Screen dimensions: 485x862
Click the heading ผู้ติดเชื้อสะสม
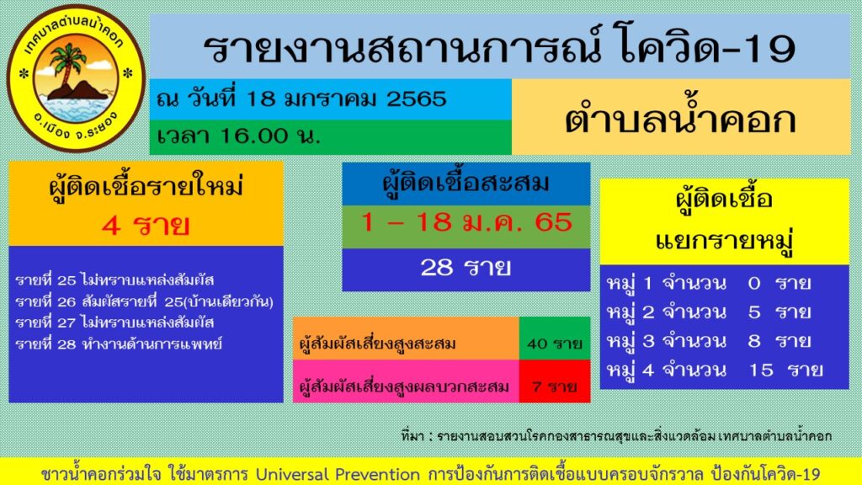point(466,183)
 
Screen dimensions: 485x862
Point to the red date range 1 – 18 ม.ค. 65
point(466,223)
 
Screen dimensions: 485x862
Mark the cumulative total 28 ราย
point(466,268)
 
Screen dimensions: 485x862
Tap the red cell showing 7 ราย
point(554,386)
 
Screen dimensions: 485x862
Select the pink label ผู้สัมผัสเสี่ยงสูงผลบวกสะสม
point(405,386)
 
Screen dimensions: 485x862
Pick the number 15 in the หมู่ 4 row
point(760,369)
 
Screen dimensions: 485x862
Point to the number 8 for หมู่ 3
point(754,340)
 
